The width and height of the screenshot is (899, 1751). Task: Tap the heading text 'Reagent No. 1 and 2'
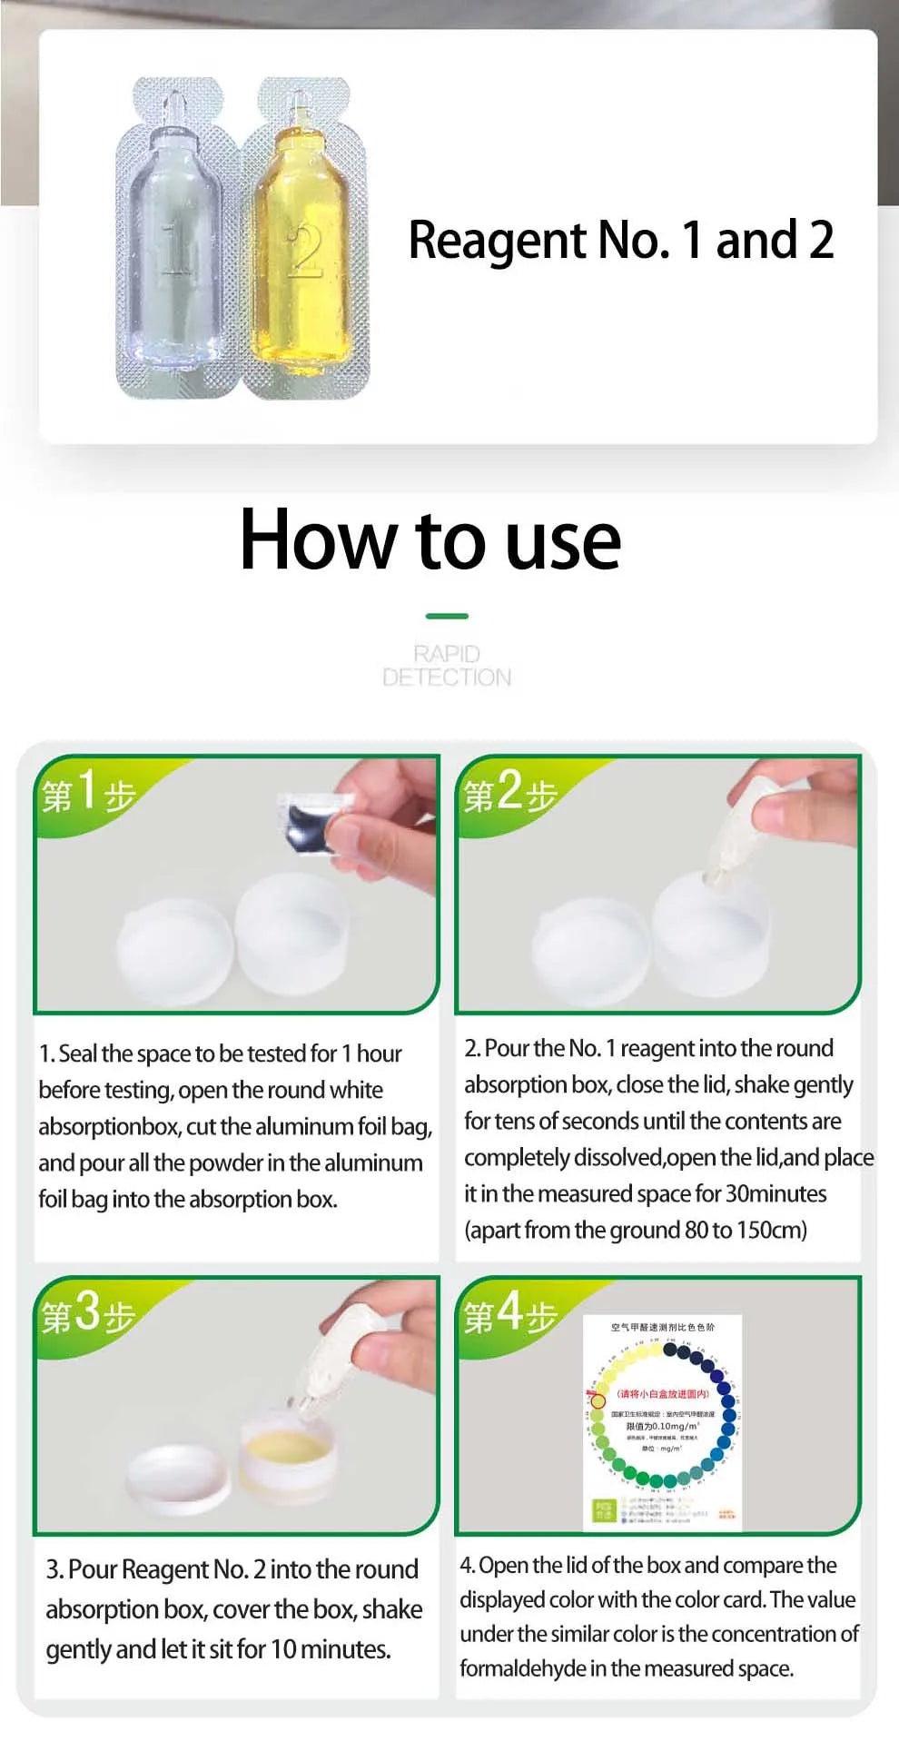click(620, 241)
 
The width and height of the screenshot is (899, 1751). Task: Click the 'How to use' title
click(430, 540)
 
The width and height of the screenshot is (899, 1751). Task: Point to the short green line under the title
click(447, 616)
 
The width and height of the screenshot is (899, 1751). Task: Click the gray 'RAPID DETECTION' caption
click(447, 666)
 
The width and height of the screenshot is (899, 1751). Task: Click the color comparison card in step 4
click(662, 1421)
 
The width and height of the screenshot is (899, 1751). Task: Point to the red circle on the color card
click(598, 1400)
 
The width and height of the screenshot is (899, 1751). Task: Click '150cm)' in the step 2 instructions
click(772, 1230)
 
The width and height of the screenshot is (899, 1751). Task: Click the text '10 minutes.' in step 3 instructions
click(331, 1649)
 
